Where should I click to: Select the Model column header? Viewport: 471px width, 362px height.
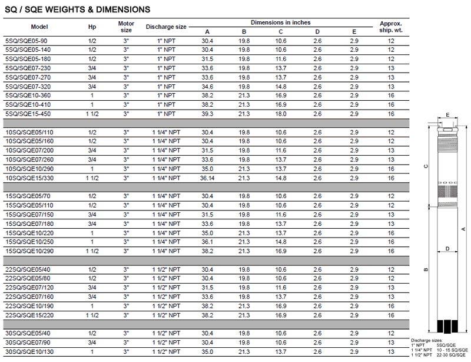39,27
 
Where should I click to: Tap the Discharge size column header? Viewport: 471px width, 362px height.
166,27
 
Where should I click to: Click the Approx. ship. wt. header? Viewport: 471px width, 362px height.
391,27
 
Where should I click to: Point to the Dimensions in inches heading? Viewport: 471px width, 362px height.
280,22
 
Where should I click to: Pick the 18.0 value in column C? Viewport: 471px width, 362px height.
281,113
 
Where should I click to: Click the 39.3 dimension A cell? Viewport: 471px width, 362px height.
207,113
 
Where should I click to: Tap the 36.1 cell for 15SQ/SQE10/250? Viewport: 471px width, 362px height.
207,242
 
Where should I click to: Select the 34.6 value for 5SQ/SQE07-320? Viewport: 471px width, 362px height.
207,86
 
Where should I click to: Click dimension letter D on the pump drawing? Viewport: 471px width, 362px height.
448,249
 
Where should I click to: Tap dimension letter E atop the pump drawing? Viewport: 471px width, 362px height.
447,115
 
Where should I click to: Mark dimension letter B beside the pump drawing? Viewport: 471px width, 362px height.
425,270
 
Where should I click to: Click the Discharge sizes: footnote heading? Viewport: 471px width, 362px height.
426,341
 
